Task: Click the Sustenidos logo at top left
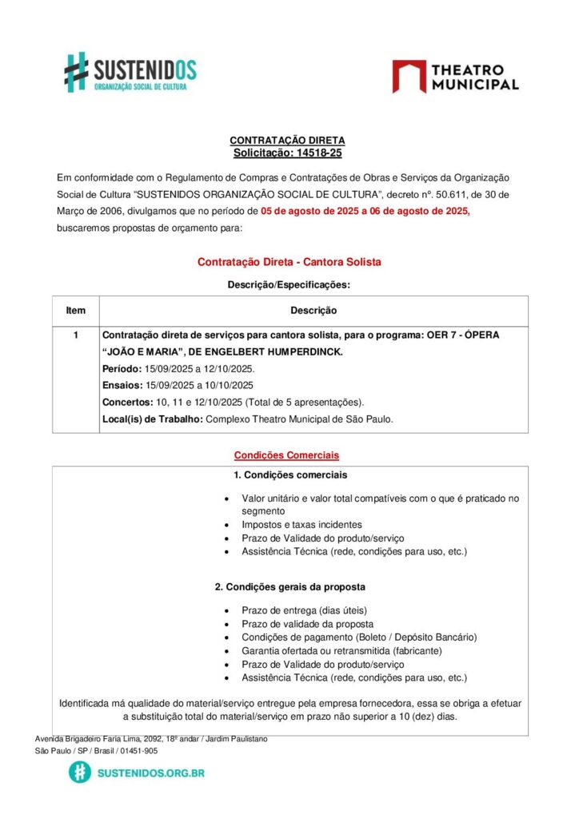tap(130, 72)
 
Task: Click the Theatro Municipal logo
tap(455, 77)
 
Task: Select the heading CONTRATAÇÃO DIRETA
tap(287, 141)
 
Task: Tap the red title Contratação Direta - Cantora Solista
tap(289, 261)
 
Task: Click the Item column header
tap(76, 310)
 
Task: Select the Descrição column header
tap(313, 310)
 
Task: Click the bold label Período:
tap(122, 369)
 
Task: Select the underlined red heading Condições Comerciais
tap(286, 455)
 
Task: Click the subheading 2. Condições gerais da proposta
tap(290, 587)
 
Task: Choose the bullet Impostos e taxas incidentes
tap(301, 525)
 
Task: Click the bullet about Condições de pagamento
tap(358, 637)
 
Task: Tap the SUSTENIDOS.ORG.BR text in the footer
tap(150, 772)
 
